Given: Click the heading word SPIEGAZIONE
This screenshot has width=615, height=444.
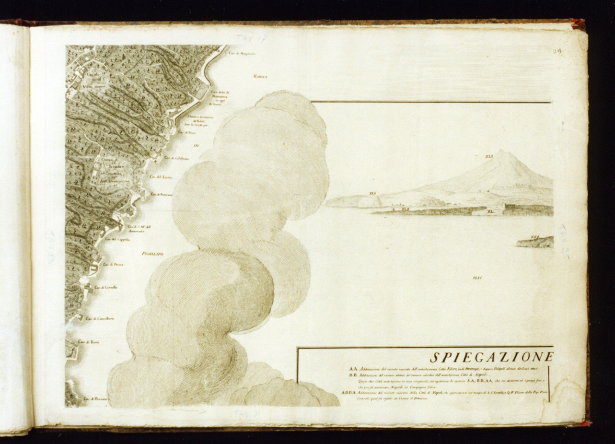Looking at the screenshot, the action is pos(491,357).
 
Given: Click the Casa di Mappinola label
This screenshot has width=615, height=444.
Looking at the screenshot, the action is pos(242,53).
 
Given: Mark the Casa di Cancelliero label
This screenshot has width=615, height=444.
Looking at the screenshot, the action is pos(100,319).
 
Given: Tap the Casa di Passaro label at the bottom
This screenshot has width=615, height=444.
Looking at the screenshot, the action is pos(95,399).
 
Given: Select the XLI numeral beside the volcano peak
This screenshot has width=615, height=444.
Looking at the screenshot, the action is pos(488,156).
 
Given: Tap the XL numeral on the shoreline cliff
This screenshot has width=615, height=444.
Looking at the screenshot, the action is pos(490,211).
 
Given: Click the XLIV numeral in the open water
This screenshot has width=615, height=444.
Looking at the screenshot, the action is pos(476,278).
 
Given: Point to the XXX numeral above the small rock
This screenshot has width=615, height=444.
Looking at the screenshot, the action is pos(535,237).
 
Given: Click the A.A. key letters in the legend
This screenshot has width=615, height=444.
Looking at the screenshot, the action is pos(354,368).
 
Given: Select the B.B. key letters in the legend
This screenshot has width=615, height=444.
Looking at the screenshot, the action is pos(354,375).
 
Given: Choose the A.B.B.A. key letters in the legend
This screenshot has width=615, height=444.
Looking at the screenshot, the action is pos(349,392).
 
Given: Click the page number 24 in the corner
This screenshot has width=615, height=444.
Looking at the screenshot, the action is pos(557,51).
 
